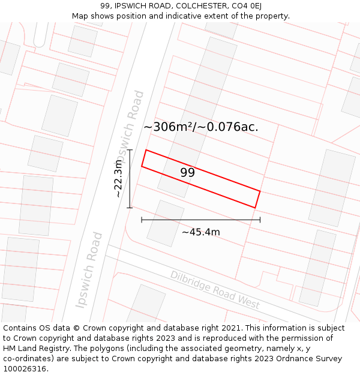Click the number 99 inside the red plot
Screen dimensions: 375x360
(187, 173)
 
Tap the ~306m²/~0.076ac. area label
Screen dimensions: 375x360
(201, 127)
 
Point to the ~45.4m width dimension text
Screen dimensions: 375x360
(201, 232)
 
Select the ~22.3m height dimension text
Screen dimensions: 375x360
(118, 179)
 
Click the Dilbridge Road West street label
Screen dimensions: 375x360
(215, 290)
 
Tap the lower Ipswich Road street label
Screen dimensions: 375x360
(90, 270)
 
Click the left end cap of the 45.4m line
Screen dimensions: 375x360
(142, 220)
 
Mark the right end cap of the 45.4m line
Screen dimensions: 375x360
(260, 220)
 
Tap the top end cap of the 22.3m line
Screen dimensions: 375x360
(130, 150)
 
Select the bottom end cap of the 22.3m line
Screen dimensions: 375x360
(130, 208)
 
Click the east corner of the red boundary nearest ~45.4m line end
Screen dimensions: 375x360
(256, 208)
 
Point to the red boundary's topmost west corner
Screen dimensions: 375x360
(146, 150)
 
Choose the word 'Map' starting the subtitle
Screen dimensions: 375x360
(80, 16)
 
